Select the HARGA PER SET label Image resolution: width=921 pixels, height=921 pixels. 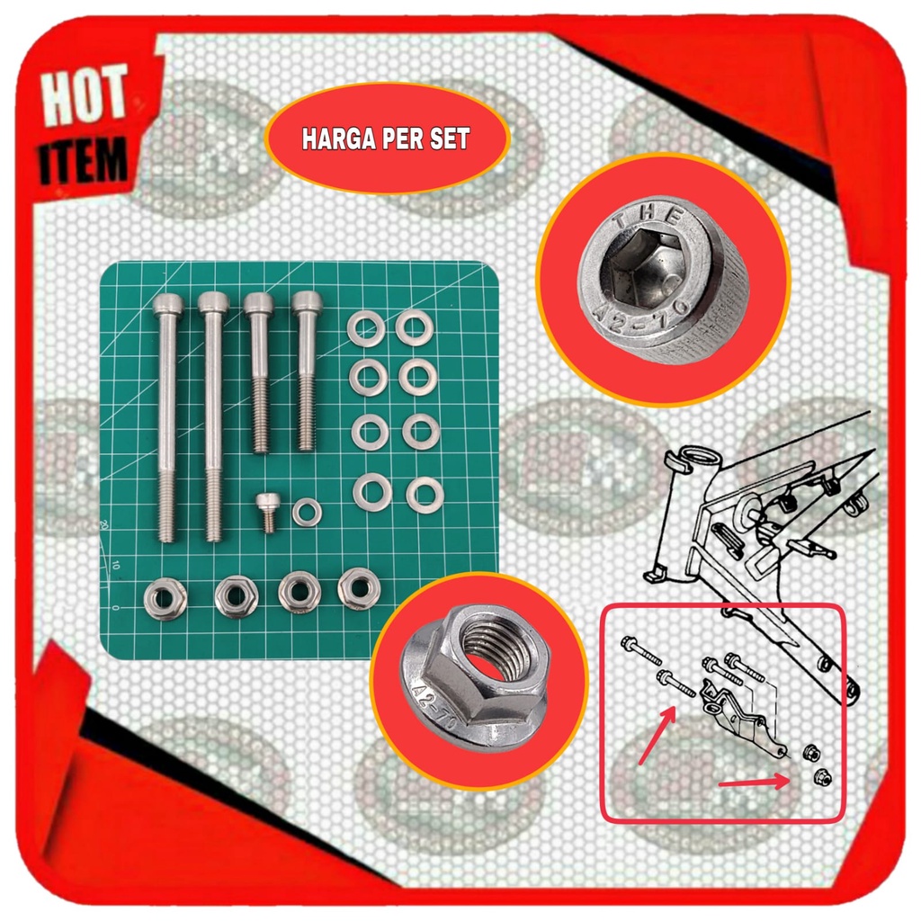tap(387, 140)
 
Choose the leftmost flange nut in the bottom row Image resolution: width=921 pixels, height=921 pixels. tap(165, 598)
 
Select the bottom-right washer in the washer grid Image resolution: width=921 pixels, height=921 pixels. tap(425, 495)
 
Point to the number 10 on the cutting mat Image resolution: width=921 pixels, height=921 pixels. tap(115, 567)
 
